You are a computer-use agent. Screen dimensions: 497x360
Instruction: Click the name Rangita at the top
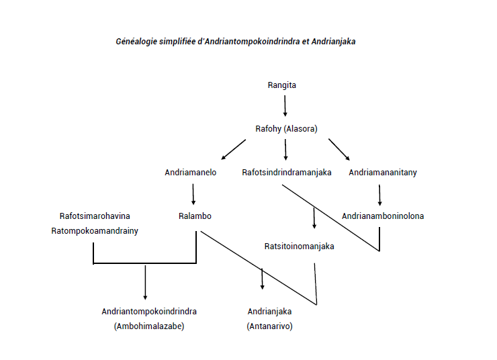[x=282, y=85]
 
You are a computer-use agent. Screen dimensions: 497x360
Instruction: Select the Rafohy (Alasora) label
[x=286, y=129]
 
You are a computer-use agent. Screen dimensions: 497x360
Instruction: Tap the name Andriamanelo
[x=191, y=173]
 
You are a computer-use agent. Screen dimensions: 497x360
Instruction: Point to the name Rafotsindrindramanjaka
[x=287, y=173]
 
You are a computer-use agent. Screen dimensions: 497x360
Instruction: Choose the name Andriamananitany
[x=383, y=173]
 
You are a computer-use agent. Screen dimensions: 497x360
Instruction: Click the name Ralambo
[x=195, y=216]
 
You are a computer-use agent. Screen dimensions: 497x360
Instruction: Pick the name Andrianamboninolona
[x=383, y=216]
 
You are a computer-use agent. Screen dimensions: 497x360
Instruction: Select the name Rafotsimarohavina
[x=95, y=216]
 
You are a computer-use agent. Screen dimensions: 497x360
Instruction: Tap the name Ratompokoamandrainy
[x=95, y=231]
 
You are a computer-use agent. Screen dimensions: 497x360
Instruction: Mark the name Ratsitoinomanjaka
[x=300, y=246]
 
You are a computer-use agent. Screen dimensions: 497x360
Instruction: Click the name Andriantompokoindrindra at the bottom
[x=149, y=312]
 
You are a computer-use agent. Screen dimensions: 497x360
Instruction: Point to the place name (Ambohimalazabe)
[x=149, y=326]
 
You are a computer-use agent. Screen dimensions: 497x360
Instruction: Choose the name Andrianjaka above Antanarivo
[x=269, y=312]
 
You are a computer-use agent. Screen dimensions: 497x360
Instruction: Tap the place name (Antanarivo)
[x=269, y=326]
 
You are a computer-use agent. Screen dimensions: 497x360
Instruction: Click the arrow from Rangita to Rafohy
[x=285, y=106]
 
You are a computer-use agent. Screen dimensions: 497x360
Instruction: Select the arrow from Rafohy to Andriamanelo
[x=233, y=149]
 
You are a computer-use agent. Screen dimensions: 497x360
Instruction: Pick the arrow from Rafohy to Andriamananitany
[x=339, y=149]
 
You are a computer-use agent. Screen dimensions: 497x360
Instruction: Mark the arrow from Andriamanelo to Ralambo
[x=193, y=194]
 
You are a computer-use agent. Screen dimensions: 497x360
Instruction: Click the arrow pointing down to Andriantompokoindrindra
[x=145, y=282]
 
